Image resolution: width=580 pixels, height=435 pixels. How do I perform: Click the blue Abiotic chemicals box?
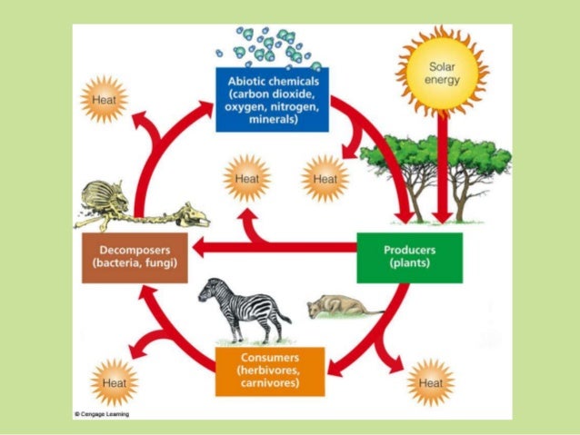click(x=272, y=99)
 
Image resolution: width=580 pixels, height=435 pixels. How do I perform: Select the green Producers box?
click(x=409, y=257)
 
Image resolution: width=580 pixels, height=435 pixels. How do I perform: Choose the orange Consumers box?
click(x=270, y=371)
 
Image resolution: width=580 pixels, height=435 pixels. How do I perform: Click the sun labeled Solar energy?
click(x=443, y=73)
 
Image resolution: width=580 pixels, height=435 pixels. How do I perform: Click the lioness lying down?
click(x=337, y=308)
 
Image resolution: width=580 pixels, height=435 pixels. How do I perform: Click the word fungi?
click(x=160, y=263)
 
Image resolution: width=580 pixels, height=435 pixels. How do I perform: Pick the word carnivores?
click(x=269, y=383)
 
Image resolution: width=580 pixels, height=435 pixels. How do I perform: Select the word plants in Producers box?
click(x=409, y=263)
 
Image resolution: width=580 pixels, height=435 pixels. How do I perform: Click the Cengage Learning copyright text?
click(x=102, y=414)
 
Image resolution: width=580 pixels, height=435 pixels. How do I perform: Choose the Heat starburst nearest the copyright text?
click(x=115, y=382)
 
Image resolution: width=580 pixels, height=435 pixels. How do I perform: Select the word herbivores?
click(x=269, y=371)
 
